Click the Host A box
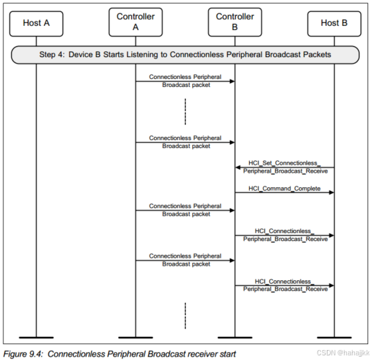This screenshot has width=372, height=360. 36,23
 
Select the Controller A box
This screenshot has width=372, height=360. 136,22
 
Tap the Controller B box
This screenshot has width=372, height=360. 234,22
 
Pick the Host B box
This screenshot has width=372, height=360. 334,23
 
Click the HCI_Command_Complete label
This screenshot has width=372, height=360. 284,189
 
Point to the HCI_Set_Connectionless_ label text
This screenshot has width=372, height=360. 284,163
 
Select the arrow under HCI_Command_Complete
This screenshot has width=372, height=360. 284,193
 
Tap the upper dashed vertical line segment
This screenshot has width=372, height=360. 185,112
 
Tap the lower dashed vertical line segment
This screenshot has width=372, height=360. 185,315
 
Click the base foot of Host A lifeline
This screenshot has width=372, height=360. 36,337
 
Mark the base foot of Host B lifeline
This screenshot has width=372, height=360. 334,337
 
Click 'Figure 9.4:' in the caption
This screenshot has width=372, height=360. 24,353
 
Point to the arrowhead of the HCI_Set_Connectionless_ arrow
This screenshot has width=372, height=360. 238,168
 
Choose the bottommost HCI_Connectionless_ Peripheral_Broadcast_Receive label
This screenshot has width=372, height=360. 284,285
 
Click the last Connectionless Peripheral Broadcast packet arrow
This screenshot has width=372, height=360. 185,260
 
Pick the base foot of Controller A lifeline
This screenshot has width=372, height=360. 136,337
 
